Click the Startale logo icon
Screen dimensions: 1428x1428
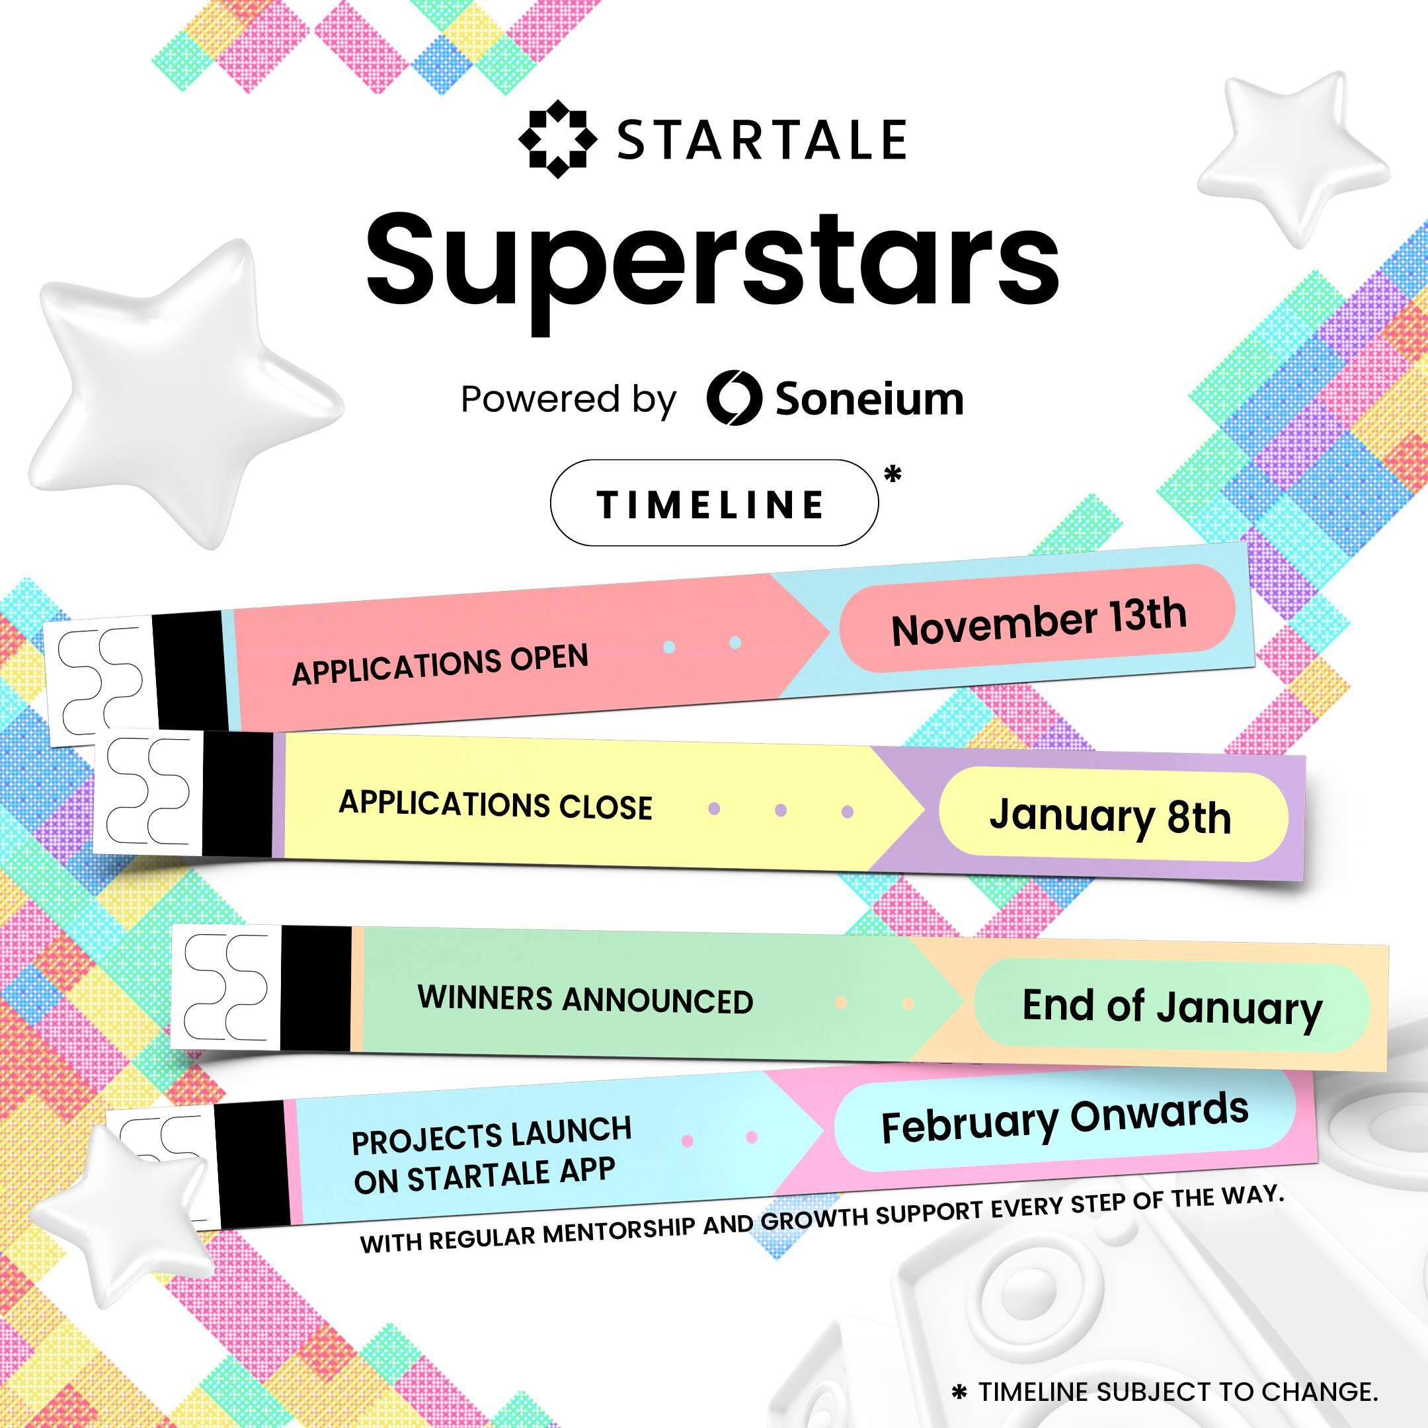pos(557,139)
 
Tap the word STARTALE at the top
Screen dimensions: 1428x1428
pos(762,139)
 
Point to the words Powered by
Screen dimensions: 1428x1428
pos(568,399)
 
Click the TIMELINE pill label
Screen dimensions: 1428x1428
pos(713,503)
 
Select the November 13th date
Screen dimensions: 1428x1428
pos(1038,622)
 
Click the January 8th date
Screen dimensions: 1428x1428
pos(1110,816)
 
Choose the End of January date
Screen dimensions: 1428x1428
pos(1171,1007)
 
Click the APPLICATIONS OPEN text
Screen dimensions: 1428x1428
pos(440,664)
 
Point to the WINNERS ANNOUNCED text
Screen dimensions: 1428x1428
pos(584,1000)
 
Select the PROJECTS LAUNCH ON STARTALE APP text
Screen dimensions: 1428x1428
pos(491,1155)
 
